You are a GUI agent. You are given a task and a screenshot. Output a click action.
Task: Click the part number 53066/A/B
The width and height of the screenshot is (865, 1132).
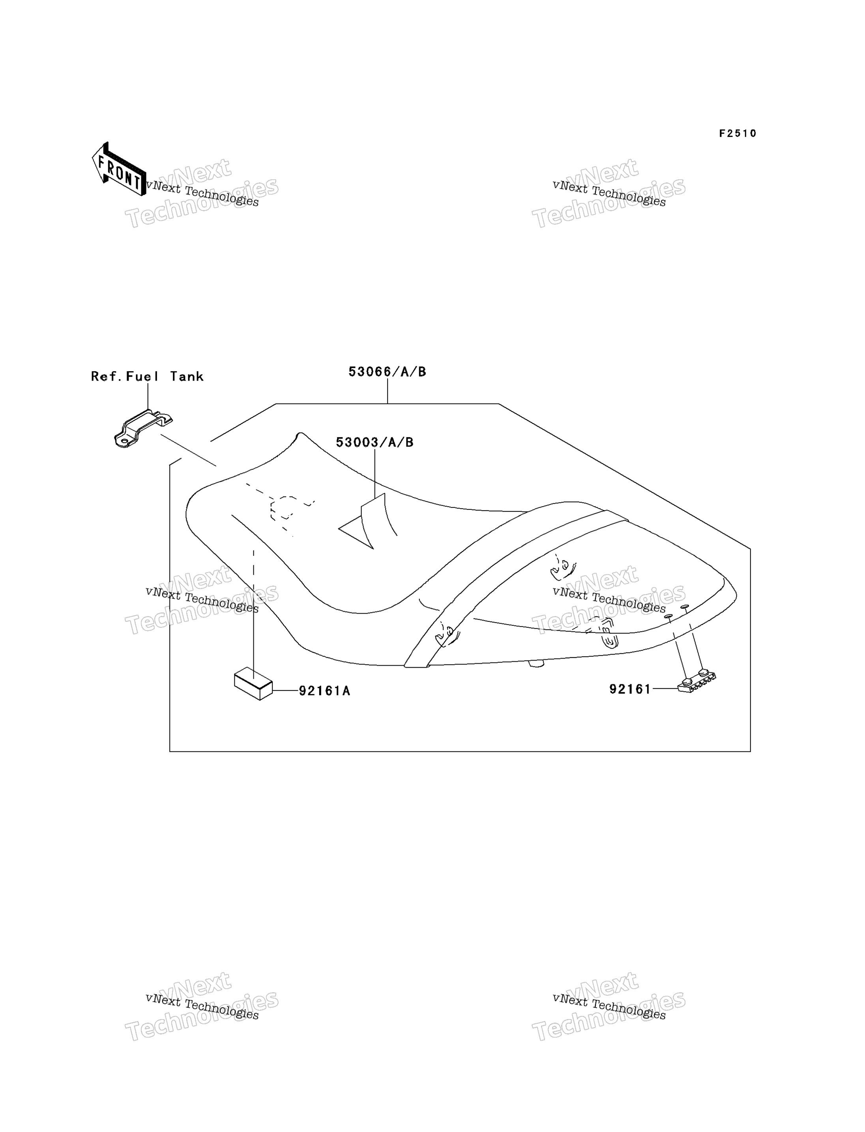[387, 372]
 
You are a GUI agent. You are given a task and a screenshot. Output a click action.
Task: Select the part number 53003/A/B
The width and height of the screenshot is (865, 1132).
[375, 442]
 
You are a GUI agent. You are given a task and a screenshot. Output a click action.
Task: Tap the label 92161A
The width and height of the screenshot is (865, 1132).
[324, 691]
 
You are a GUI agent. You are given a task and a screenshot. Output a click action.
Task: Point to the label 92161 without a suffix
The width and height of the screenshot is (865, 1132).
[630, 689]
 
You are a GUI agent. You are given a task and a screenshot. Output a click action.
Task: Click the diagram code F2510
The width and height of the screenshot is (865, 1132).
[738, 133]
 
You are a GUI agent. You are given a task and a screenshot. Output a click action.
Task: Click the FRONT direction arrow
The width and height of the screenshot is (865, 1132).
[119, 169]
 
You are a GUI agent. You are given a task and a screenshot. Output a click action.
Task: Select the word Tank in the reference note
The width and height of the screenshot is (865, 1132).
[187, 377]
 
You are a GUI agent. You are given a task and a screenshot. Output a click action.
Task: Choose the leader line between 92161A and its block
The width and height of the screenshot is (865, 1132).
[286, 691]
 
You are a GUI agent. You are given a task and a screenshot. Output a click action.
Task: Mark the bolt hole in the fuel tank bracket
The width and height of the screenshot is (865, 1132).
[124, 441]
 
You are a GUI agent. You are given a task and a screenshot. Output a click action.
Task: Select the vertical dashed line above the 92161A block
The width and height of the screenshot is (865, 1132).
[253, 608]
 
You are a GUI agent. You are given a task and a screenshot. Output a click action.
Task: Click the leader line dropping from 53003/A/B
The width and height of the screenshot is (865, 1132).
[375, 473]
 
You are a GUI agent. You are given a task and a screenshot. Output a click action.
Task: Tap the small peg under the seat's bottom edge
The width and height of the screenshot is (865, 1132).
[536, 664]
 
